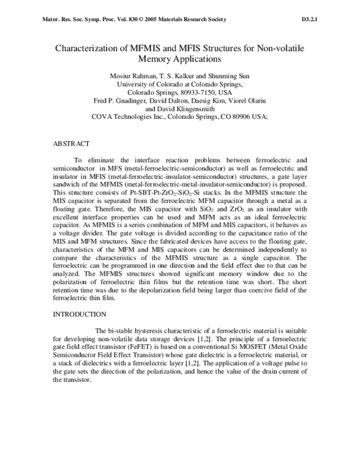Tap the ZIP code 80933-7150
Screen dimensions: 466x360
point(185,93)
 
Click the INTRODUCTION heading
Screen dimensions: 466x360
point(80,314)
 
